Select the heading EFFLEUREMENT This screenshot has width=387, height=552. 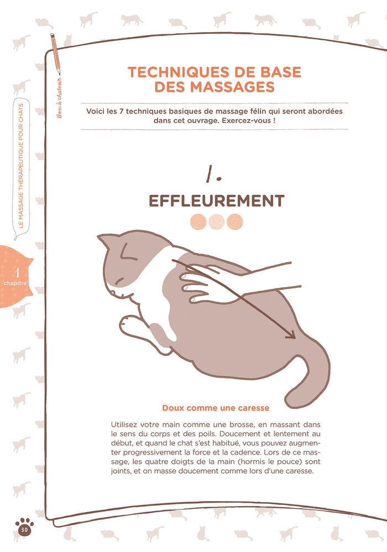coord(216,200)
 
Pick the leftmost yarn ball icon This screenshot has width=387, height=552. coord(198,222)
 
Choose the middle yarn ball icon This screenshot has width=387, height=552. coord(216,222)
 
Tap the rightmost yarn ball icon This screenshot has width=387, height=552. coord(234,222)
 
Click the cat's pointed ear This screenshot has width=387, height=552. coord(105,241)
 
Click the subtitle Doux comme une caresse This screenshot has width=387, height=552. coord(216,408)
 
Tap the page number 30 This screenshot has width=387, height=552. coord(24,529)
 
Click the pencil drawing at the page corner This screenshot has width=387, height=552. coord(55,53)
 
